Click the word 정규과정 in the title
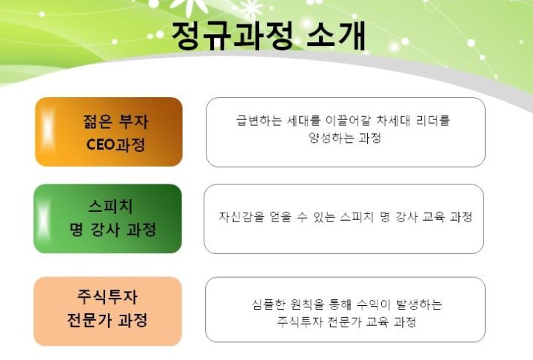232,35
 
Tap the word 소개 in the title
336,35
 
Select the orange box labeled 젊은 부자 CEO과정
109,132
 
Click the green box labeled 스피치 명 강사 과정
108,219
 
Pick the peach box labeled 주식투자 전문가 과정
108,311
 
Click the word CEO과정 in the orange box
116,144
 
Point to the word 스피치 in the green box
110,206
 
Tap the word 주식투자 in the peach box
107,296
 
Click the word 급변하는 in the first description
259,120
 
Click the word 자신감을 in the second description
241,216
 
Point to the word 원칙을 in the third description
307,304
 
